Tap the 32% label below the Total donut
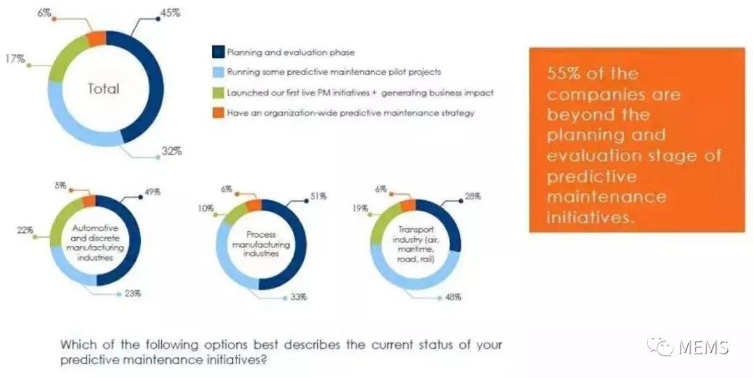tap(172, 151)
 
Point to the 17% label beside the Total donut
tap(15, 59)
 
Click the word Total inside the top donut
tap(103, 89)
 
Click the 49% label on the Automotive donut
tap(153, 192)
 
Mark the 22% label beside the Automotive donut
tap(24, 230)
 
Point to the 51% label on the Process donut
tap(319, 197)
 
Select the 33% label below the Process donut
tap(298, 298)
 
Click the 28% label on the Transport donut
tap(473, 197)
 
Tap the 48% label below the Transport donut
tap(453, 297)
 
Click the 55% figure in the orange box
tap(563, 74)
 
